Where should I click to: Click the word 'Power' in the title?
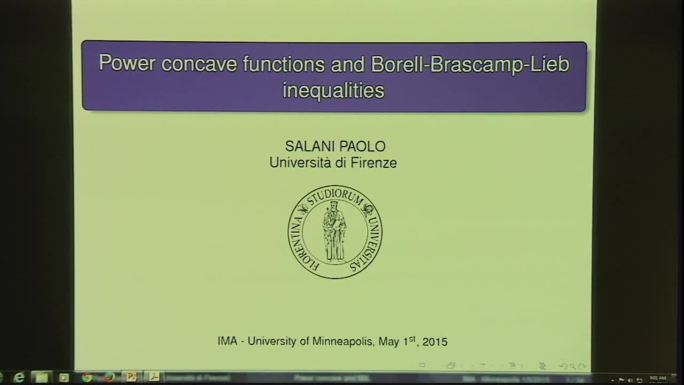click(127, 64)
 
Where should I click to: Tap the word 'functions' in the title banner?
click(284, 64)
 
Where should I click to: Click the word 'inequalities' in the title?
click(333, 90)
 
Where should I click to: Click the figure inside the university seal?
click(335, 231)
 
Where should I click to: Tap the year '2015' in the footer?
click(434, 341)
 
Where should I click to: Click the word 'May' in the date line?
click(389, 341)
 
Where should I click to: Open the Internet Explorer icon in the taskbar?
click(19, 378)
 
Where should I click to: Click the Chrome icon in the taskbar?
click(87, 378)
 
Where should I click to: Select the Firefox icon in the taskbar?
click(110, 378)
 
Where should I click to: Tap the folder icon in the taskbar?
click(41, 378)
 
